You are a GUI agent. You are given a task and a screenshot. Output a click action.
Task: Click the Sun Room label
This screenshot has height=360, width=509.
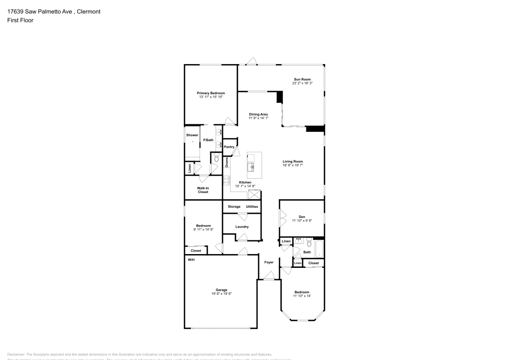point(302,79)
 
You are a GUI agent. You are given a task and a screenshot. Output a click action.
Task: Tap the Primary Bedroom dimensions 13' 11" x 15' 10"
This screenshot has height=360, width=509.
point(211,97)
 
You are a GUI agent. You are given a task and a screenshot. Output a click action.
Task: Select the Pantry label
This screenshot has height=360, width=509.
point(229,147)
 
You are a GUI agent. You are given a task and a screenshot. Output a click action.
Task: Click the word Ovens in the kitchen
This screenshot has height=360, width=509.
point(227,161)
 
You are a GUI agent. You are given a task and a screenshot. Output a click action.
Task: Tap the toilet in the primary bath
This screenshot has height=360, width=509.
point(216,159)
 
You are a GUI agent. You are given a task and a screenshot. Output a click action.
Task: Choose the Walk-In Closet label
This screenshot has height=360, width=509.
point(203,190)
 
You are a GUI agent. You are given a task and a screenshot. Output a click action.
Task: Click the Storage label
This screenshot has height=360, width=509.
point(234,207)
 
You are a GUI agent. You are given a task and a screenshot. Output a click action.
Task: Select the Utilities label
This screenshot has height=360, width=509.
point(252,207)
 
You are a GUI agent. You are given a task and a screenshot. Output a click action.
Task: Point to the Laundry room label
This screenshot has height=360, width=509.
point(242,227)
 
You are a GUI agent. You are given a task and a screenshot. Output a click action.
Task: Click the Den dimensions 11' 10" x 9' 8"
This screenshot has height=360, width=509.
point(302,220)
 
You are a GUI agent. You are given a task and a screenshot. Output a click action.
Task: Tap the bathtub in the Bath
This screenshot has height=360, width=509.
point(319,250)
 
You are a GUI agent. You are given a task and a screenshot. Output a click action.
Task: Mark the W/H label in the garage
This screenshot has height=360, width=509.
point(191,260)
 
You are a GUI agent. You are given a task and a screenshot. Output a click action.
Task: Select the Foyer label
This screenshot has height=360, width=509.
point(269,262)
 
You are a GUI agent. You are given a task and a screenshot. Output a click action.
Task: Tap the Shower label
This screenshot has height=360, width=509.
point(192,135)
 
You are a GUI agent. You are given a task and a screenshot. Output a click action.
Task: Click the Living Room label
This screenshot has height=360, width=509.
point(293,161)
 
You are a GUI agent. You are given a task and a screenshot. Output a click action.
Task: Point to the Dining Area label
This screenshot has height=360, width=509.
point(258,114)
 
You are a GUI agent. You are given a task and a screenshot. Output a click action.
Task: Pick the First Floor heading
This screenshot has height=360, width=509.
point(20,20)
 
